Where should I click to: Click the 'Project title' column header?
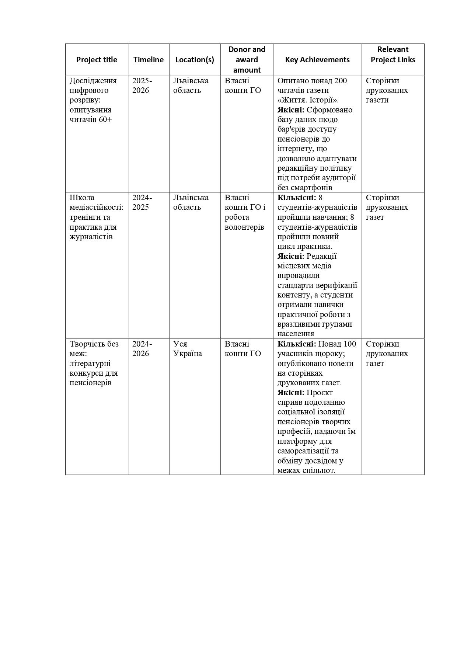tap(97, 60)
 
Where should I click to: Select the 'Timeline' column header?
tap(149, 60)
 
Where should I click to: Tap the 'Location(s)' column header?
tap(195, 60)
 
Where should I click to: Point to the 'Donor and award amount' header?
tap(247, 60)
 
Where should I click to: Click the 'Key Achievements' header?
tap(317, 60)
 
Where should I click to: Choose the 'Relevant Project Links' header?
tap(393, 55)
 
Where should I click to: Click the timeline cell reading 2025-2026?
tap(142, 86)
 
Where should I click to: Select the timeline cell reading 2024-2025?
tap(142, 202)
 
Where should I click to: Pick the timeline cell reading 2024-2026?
tap(142, 349)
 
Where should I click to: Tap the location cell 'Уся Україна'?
tap(188, 349)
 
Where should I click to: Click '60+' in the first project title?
tap(105, 119)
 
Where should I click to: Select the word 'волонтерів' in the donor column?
tap(244, 227)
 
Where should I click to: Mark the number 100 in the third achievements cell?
tap(349, 344)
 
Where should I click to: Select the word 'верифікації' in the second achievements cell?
tap(338, 285)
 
